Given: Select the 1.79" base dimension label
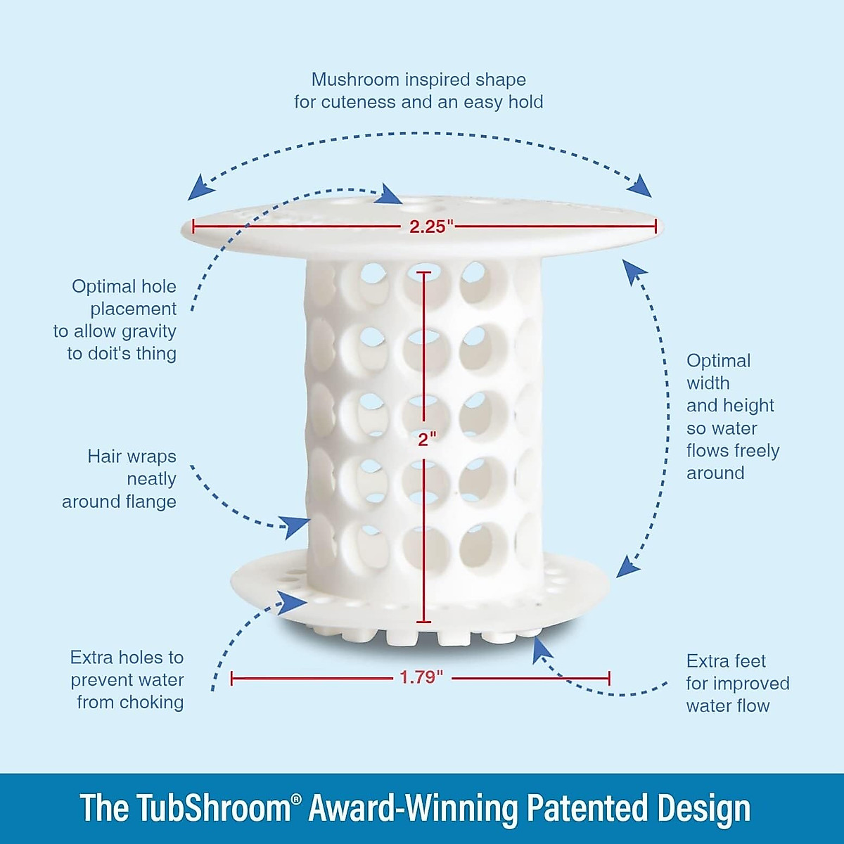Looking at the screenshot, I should point(421,677).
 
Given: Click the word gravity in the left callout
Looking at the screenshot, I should point(148,331).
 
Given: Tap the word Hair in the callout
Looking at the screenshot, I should point(101,456).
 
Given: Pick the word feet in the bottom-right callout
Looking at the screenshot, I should point(748,661).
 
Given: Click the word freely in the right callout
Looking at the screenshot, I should point(753,451).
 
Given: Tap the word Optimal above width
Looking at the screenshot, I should point(718,361).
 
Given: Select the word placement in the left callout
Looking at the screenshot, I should point(133,309).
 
